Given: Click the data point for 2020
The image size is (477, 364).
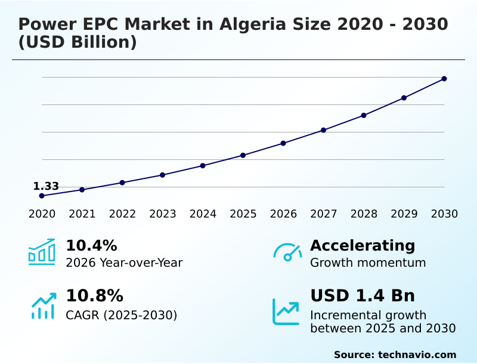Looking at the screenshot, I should [42, 196].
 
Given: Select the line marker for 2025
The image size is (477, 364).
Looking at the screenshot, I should [243, 155].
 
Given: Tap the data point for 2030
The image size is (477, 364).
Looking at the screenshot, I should [444, 79].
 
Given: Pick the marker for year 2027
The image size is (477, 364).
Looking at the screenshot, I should [323, 130].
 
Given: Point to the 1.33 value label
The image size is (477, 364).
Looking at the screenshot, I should [46, 186].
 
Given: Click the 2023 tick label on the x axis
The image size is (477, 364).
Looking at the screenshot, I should [163, 214].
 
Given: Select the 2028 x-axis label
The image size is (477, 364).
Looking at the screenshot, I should [364, 214].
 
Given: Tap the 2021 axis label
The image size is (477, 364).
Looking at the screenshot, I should [82, 214].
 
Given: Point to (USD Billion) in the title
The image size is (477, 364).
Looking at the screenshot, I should [78, 42].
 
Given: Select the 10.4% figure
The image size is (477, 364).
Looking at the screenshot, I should [91, 246].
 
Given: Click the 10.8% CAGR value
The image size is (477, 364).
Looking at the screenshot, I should [94, 296].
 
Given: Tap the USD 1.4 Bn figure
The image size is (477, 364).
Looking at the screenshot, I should [363, 296].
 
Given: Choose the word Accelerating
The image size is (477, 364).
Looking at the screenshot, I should [363, 246].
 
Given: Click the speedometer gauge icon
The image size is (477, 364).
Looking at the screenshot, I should [287, 252].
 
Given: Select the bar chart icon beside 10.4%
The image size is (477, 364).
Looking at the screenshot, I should [42, 252].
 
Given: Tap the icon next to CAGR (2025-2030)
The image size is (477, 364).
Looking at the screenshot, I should [43, 306].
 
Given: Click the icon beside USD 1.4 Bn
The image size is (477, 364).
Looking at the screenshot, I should [286, 311].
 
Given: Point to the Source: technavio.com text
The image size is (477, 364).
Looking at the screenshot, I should [395, 354].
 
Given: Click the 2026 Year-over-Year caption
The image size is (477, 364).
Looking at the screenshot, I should [124, 263].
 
